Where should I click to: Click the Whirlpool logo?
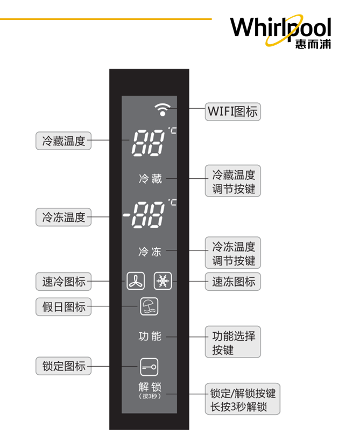280,31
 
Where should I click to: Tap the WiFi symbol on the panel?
161,109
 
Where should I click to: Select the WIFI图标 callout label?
232,112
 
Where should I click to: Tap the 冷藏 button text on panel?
150,179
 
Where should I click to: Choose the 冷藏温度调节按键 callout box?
233,181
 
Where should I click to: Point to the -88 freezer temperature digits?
144,216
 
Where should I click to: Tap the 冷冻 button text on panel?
150,251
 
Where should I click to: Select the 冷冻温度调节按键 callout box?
233,254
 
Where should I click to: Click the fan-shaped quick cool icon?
136,281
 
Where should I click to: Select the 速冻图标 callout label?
233,282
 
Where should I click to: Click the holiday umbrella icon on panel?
149,306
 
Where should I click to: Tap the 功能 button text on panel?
150,337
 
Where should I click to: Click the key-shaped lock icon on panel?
149,367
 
